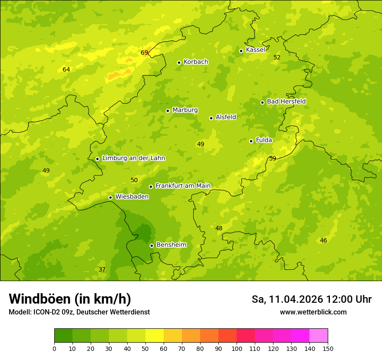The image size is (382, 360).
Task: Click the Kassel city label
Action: (x=255, y=50)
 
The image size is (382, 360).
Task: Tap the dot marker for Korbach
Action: (x=179, y=62)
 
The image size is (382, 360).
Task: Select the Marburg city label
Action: (x=185, y=110)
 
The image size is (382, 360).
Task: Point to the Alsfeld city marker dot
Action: (x=211, y=118)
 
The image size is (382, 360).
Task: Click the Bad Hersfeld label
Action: (x=286, y=101)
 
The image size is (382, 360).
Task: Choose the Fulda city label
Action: (x=264, y=140)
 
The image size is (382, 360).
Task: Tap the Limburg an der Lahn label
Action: (x=133, y=158)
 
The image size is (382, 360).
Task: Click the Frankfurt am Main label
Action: (x=183, y=186)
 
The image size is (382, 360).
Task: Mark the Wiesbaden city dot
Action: (x=110, y=197)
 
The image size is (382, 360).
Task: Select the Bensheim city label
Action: (x=171, y=245)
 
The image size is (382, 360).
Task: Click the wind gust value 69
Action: (x=145, y=53)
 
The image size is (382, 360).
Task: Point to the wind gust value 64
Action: (x=66, y=69)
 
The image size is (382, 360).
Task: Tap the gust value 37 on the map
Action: (x=102, y=269)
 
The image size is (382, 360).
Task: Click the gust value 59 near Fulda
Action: (x=273, y=158)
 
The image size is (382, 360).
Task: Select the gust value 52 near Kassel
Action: (x=277, y=57)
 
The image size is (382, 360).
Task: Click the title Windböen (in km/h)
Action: (x=70, y=299)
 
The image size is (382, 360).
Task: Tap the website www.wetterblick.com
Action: (x=313, y=312)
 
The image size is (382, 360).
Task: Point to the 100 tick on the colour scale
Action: (x=237, y=348)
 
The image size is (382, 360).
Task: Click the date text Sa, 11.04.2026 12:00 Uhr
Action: (x=311, y=299)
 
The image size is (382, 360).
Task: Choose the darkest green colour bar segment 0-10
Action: (x=63, y=336)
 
